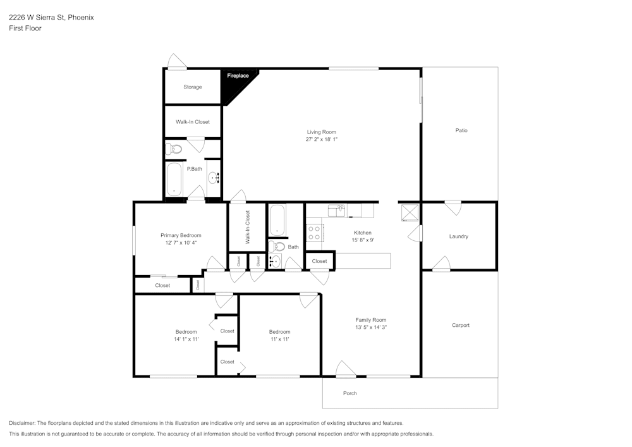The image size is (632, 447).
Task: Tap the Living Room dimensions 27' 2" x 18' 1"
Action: (322, 139)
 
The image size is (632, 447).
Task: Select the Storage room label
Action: (193, 87)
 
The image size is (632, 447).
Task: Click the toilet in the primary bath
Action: (173, 149)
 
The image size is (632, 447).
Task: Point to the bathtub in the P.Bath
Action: (173, 180)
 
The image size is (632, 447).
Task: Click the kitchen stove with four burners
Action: (315, 233)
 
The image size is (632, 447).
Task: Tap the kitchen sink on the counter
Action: (337, 211)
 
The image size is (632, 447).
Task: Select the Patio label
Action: (461, 130)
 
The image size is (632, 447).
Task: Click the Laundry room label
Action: (458, 236)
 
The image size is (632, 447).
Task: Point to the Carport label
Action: (461, 325)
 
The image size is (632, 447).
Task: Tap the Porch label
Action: (349, 393)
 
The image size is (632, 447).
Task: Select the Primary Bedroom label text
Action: (181, 235)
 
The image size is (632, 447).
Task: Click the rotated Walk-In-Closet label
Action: (247, 228)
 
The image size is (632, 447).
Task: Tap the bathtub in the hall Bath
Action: (277, 220)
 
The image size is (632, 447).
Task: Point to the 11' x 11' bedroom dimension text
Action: (279, 340)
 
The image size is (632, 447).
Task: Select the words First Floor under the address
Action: (25, 28)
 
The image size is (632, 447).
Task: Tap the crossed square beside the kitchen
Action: (410, 212)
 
